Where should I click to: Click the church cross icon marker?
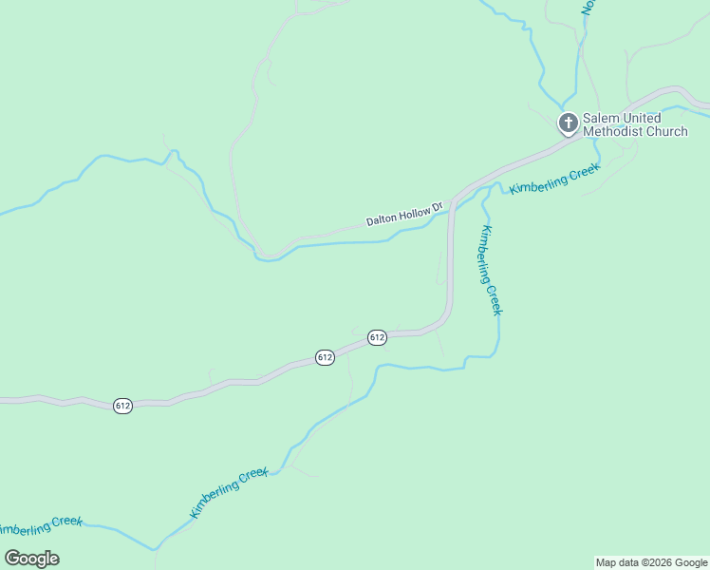[x=568, y=123]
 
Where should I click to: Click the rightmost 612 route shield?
[x=377, y=337]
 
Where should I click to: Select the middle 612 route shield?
[x=325, y=357]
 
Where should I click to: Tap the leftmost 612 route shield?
[x=122, y=405]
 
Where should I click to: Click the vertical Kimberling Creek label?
[x=490, y=271]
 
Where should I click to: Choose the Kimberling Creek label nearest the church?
[x=555, y=178]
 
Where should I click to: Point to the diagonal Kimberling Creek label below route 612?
[x=229, y=493]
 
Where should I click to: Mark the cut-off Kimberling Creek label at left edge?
[x=41, y=525]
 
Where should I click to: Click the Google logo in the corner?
[x=32, y=559]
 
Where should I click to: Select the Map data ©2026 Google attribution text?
[x=651, y=562]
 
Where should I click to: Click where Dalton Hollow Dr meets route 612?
[x=453, y=202]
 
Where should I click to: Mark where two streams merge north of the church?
[x=563, y=106]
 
